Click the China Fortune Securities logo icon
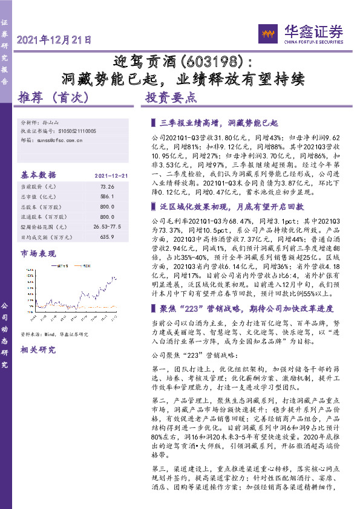pos(268,32)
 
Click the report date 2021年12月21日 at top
pos(55,41)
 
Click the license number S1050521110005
pos(78,131)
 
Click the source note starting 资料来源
pos(54,334)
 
